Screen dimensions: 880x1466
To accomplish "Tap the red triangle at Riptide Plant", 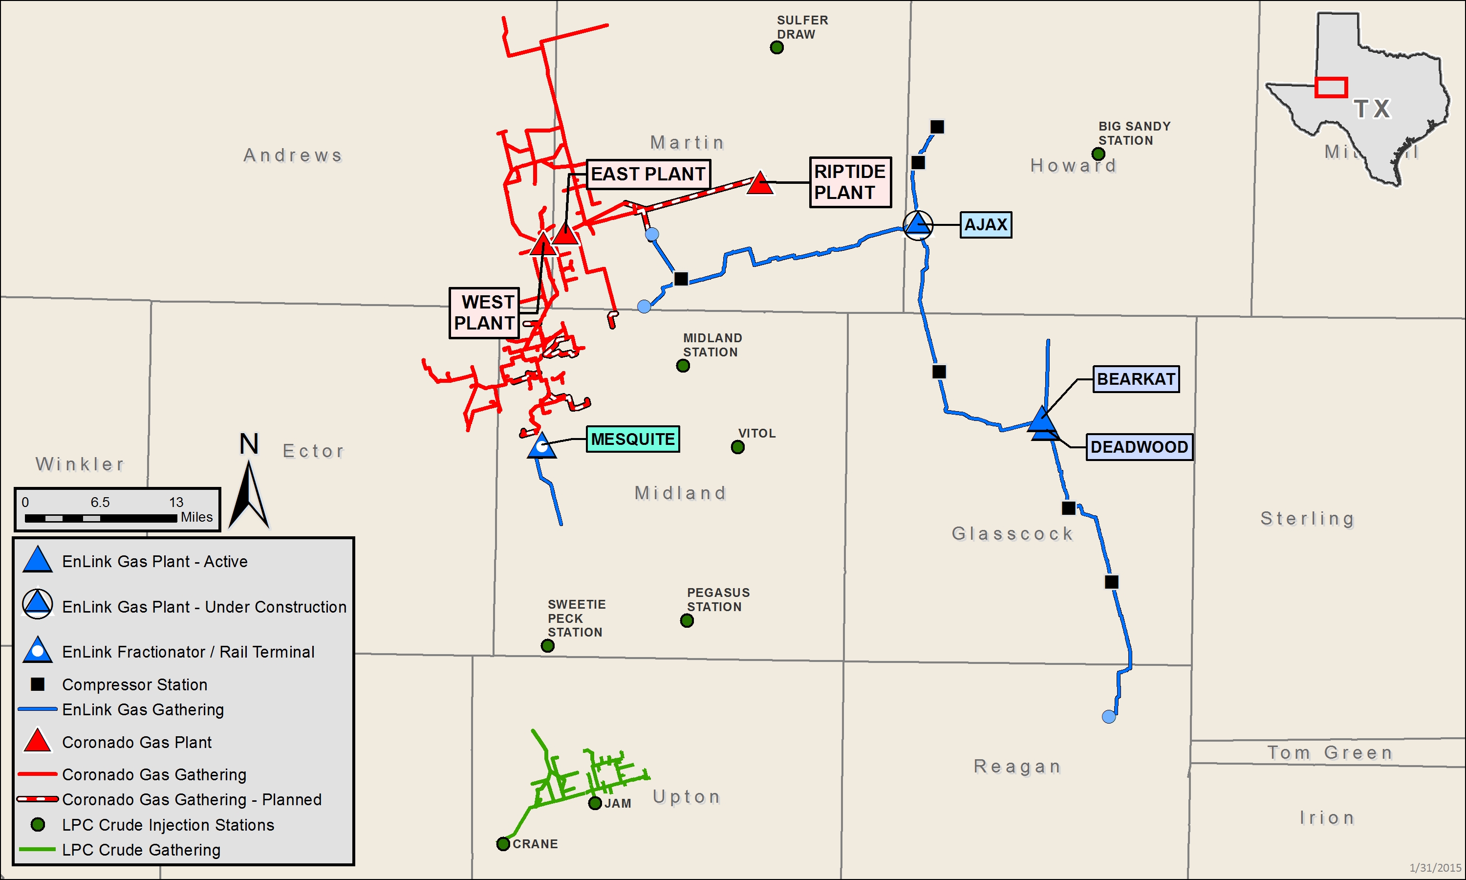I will tap(760, 184).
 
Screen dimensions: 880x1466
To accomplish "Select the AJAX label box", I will tap(986, 225).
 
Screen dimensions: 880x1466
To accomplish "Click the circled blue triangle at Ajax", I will tap(918, 225).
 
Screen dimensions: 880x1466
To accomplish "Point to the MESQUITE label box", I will tap(632, 439).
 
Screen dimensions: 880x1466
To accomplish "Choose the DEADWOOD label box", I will tap(1139, 447).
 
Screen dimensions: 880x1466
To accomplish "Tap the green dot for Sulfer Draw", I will tap(776, 47).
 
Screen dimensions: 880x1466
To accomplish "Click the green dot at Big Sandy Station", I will tap(1098, 154).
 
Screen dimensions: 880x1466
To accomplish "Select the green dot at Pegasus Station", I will tap(687, 620).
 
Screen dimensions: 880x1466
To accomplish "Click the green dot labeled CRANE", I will tap(503, 843).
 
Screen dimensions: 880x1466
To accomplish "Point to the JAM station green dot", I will tap(595, 803).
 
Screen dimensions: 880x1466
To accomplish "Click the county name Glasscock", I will tap(1012, 534).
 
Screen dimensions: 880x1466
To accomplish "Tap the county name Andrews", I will tap(293, 155).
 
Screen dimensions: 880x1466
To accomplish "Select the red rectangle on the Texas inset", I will tap(1331, 87).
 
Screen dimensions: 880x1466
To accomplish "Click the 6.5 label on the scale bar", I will tap(100, 502).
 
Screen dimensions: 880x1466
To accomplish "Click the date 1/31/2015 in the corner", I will tap(1435, 868).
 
